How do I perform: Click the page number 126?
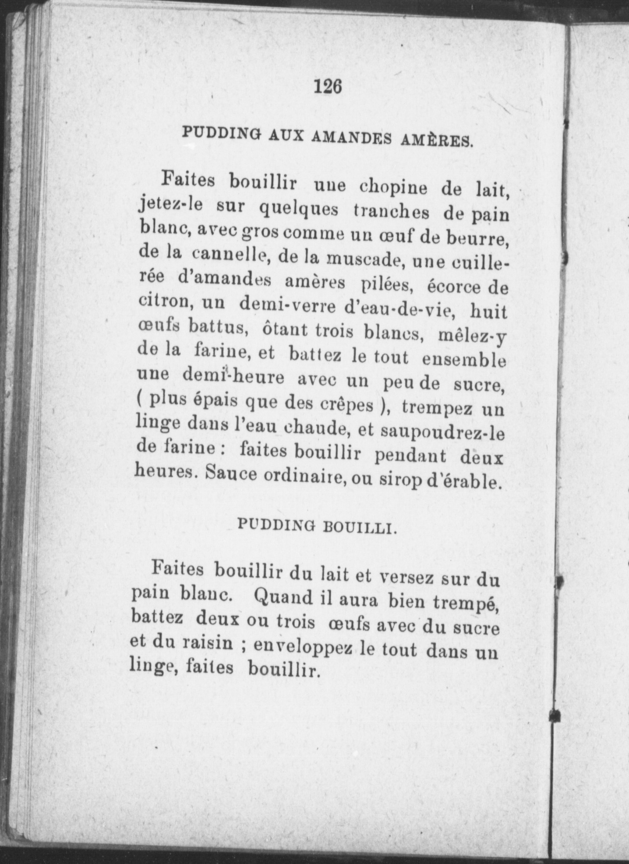(328, 86)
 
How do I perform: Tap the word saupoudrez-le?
(442, 432)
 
